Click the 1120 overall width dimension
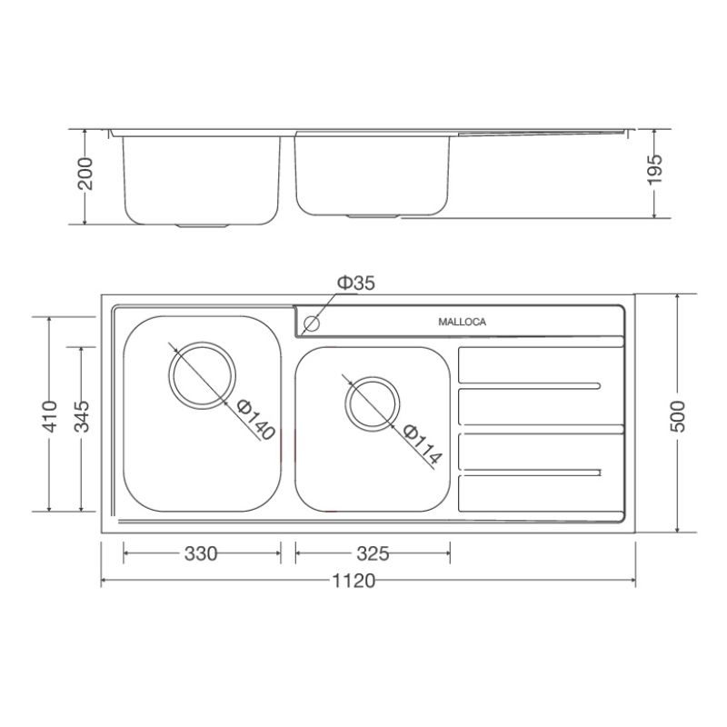point(354,581)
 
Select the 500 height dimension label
point(678,416)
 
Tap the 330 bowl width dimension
point(201,553)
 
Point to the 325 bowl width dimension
point(373,553)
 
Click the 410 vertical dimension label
point(50,416)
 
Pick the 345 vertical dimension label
point(82,416)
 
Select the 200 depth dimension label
point(85,174)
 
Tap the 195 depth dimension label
point(654,169)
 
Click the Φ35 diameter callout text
point(355,283)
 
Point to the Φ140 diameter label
point(256,420)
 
